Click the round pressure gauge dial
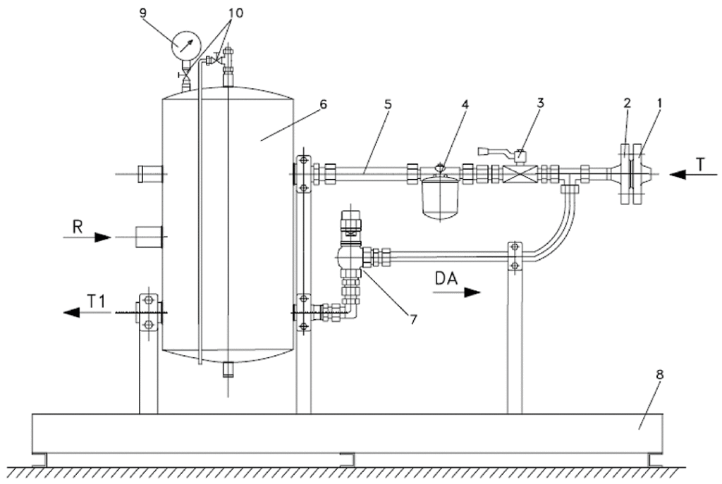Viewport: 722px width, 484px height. pos(185,45)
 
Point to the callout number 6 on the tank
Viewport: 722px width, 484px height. pos(323,104)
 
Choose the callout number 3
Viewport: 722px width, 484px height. pos(539,102)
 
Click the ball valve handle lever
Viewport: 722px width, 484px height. pos(494,150)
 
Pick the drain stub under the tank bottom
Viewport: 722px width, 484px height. pos(228,368)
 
